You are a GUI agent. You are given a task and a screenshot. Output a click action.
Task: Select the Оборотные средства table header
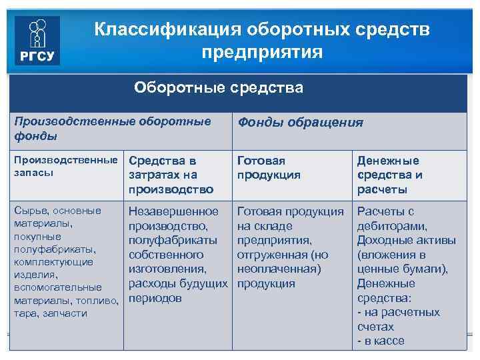218,88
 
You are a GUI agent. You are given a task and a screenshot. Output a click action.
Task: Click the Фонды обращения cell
300,122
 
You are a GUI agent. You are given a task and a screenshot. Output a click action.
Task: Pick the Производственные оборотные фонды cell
113,129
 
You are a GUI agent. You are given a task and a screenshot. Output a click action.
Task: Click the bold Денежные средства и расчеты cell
389,175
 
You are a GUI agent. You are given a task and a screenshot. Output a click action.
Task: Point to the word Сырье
30,211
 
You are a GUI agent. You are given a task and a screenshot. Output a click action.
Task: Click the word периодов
155,298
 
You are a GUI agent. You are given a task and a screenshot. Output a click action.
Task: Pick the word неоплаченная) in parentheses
279,269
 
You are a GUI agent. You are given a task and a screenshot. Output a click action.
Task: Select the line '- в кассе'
381,341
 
